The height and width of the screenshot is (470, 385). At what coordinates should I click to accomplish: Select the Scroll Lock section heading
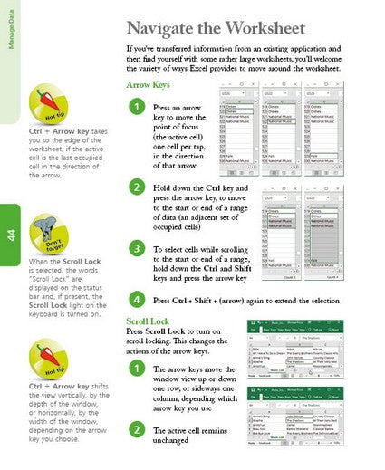(149, 321)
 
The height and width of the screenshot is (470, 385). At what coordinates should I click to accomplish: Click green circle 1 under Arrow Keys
(136, 108)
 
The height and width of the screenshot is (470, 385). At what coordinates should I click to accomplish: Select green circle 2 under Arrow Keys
(136, 187)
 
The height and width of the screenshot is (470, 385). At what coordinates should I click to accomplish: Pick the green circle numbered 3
(136, 247)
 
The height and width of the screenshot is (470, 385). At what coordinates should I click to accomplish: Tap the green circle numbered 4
(136, 299)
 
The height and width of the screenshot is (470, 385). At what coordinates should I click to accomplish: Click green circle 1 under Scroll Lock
(136, 369)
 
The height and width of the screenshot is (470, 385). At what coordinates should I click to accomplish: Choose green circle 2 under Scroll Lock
(136, 428)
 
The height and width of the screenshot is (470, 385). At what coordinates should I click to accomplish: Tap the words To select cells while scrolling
(201, 247)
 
